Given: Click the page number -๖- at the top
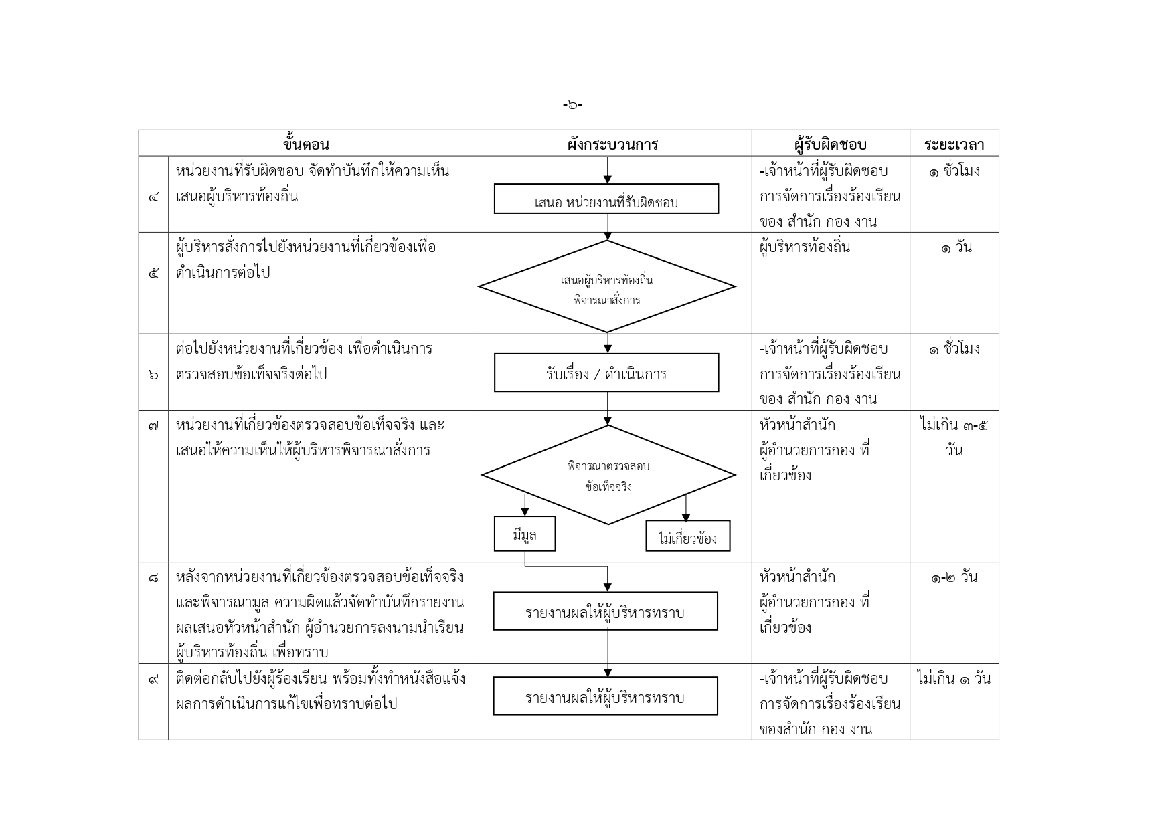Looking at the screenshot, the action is click(572, 104).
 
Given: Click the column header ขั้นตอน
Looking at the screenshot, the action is click(307, 144).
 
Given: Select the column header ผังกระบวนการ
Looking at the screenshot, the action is click(612, 144).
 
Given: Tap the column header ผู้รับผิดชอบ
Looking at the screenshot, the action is click(831, 144).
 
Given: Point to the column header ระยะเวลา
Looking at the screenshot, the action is click(954, 145).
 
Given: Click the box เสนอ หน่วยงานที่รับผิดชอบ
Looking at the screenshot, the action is click(606, 199).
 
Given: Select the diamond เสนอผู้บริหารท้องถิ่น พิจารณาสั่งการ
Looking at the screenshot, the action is click(607, 286).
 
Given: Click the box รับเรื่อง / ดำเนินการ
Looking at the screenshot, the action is click(606, 373).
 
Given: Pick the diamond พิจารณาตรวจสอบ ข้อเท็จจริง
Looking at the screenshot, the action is click(608, 475).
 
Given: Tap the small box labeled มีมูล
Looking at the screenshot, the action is click(525, 534).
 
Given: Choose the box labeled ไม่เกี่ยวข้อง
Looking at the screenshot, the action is click(688, 536).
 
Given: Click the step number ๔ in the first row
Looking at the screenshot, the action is click(154, 198).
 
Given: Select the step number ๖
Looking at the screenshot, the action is click(154, 375).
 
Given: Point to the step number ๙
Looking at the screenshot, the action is click(154, 679).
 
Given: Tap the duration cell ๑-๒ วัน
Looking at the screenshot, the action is click(954, 577).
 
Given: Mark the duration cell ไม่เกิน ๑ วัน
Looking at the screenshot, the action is click(954, 678).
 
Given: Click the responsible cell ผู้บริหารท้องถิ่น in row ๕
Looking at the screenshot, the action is click(805, 247).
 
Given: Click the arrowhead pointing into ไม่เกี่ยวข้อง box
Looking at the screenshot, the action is click(685, 517).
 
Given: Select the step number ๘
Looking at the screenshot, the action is click(154, 577).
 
